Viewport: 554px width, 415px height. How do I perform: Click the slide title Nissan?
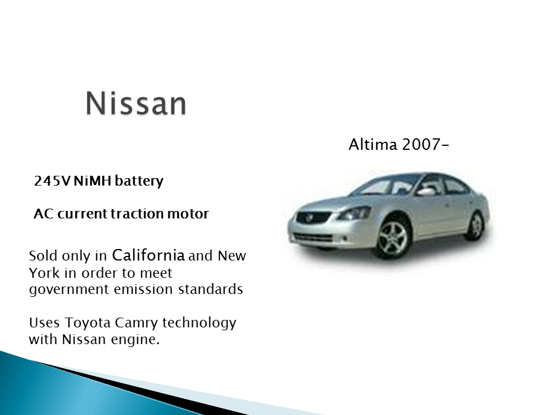136,104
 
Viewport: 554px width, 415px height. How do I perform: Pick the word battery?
139,182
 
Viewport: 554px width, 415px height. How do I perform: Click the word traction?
134,214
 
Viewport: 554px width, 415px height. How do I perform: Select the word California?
156,255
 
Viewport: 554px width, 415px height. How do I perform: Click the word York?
44,273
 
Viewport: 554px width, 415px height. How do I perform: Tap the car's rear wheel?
475,225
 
